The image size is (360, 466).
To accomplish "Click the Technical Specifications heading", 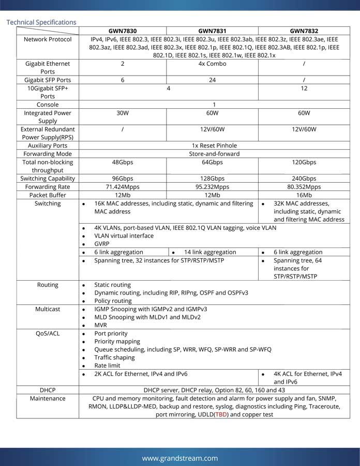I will [x=41, y=22].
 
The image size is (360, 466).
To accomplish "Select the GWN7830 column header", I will [x=123, y=31].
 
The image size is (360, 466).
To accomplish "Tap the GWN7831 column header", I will [x=212, y=31].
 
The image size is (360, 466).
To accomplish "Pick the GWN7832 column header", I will [x=304, y=31].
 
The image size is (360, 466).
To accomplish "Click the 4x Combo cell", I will [x=212, y=64].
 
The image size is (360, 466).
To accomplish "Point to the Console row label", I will [x=48, y=105].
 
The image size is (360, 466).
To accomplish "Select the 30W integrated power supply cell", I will [x=123, y=113].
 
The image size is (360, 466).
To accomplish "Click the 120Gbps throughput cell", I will [x=304, y=162].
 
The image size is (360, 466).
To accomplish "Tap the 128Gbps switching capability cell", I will [x=212, y=179].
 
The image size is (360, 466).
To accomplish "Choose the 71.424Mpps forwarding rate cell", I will [x=123, y=187].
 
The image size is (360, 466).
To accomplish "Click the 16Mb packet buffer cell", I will [x=304, y=195].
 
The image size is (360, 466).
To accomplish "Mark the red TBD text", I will [x=221, y=415].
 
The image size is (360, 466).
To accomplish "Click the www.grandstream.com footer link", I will [x=180, y=458].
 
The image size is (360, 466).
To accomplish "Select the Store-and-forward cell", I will [x=214, y=154].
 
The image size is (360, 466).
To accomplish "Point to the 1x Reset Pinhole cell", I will [x=214, y=145].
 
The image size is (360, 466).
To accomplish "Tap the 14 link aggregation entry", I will [x=210, y=252].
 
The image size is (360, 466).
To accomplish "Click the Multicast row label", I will [x=48, y=309].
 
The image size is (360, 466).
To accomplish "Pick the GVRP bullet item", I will [x=102, y=244].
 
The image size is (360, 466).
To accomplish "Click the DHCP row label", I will [x=48, y=390].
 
